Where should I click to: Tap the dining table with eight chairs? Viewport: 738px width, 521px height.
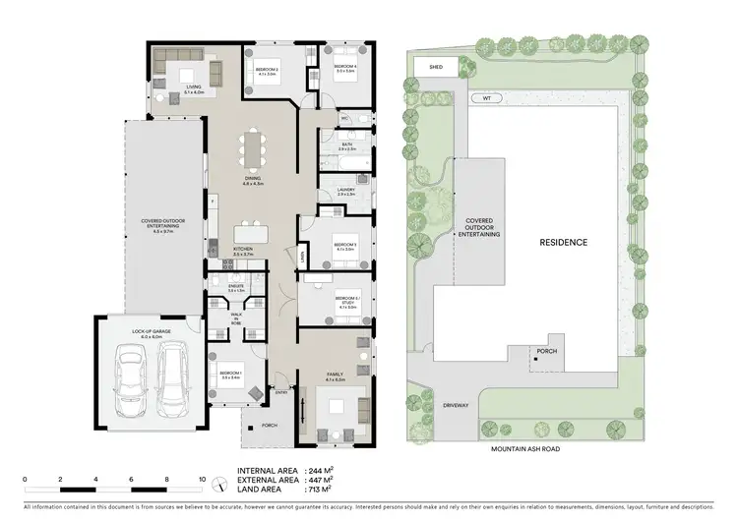pos(254,151)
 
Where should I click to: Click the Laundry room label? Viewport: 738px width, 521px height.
pos(345,191)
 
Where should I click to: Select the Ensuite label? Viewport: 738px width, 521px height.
pos(222,288)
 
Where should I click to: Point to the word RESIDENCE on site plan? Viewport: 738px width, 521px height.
pos(563,242)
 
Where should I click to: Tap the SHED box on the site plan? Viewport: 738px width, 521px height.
pos(436,68)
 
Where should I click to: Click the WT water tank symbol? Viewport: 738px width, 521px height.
pos(484,98)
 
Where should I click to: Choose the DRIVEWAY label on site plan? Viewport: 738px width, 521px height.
pos(454,405)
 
